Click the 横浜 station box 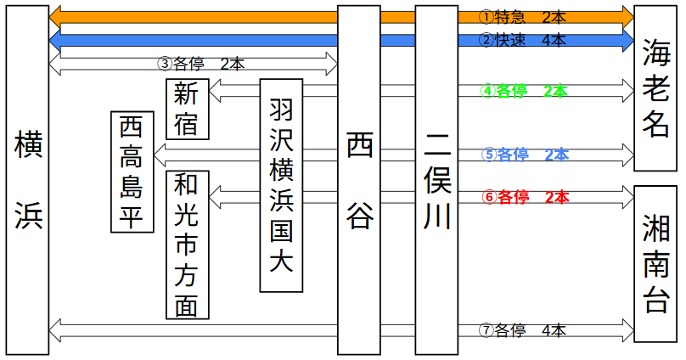point(26,180)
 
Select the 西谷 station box point(358,180)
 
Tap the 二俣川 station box point(436,180)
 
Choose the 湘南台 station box point(656,263)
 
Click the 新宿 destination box point(187,109)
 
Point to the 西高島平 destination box point(132,172)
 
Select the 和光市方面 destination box point(187,245)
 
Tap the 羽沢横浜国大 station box point(281,185)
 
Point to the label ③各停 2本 point(201,64)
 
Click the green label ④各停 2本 point(524,90)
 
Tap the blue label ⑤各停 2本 point(524,155)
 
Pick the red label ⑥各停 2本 point(524,197)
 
